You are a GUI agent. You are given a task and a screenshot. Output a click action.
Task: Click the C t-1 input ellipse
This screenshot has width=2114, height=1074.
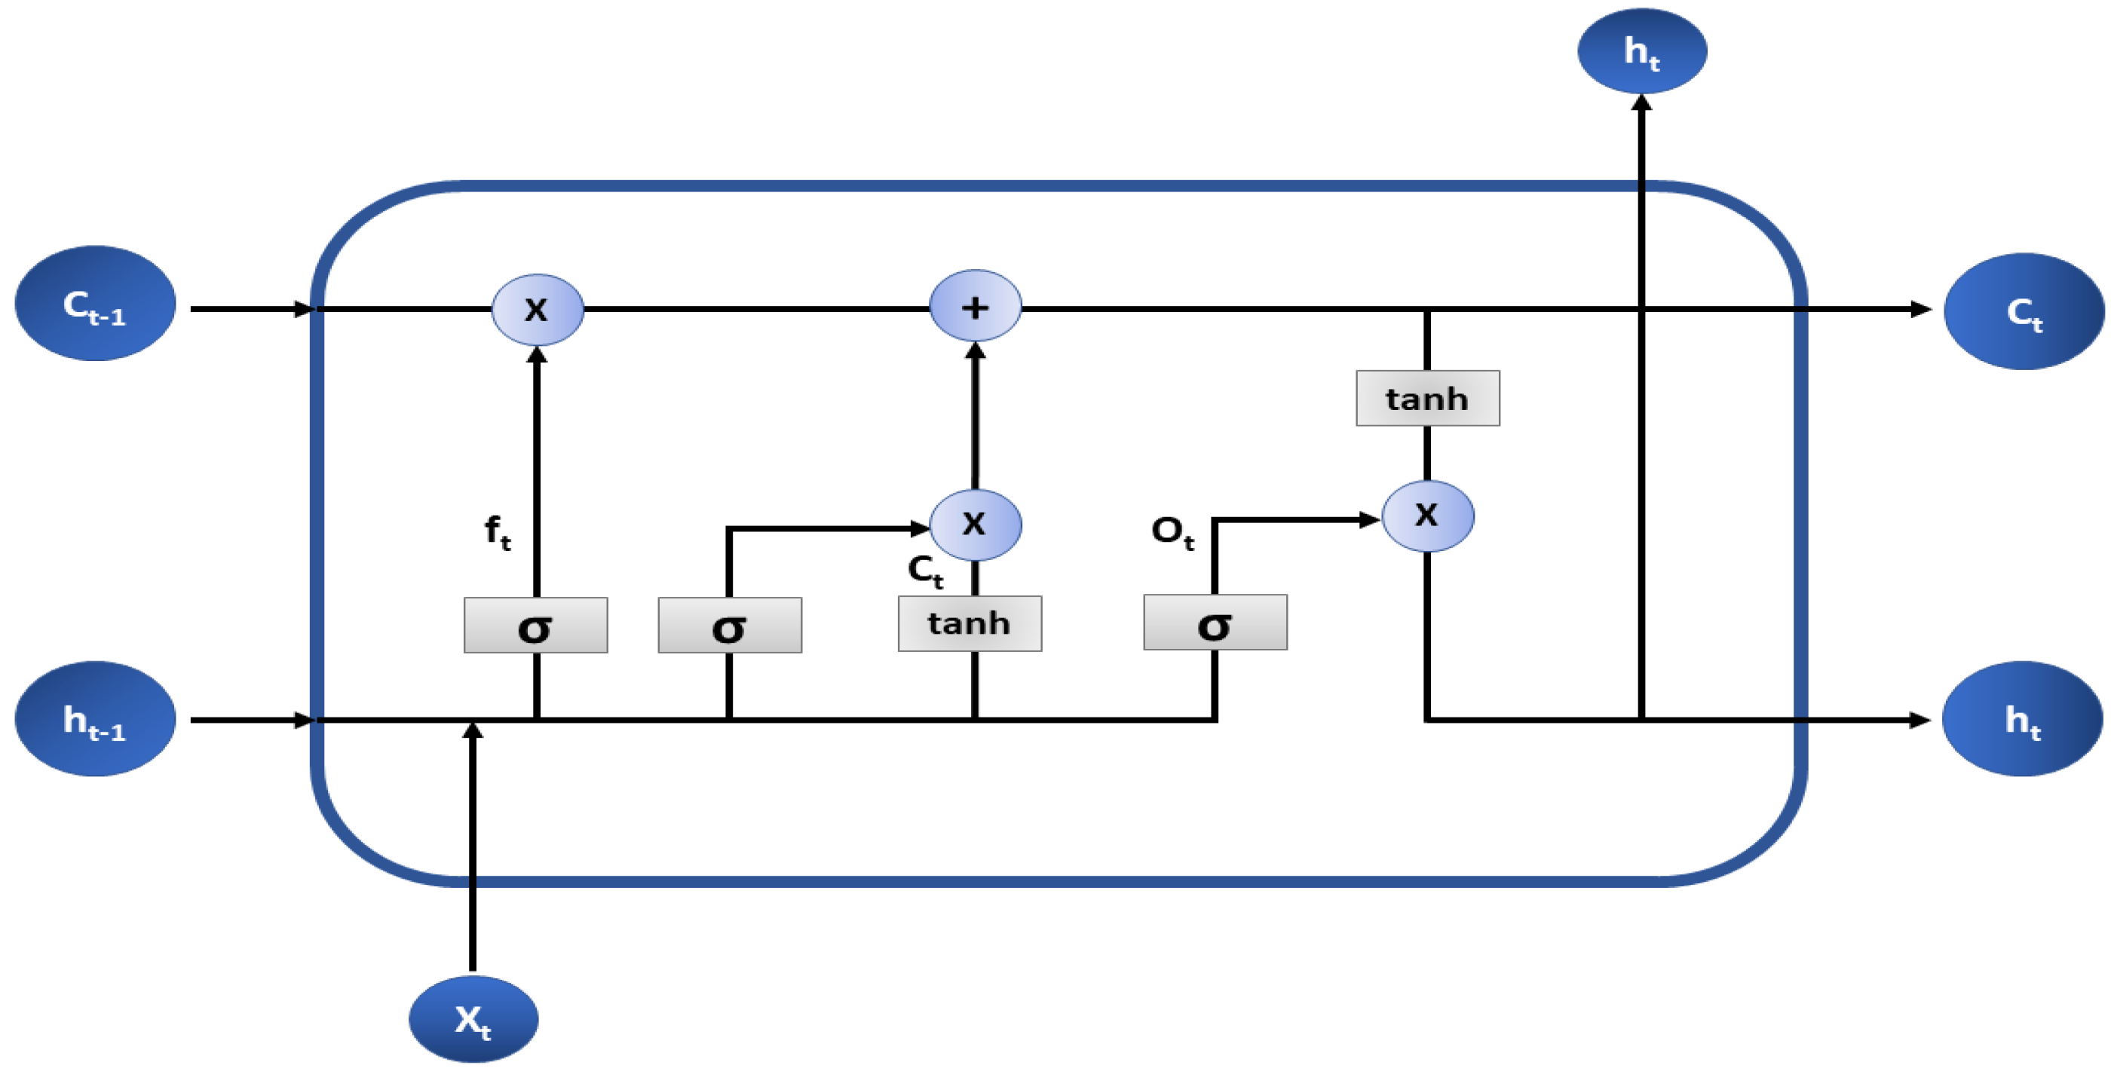pos(95,304)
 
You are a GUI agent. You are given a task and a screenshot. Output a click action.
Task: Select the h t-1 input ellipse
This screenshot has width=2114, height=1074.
pos(95,720)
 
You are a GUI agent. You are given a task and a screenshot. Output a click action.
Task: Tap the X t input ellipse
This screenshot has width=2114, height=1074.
pos(473,1019)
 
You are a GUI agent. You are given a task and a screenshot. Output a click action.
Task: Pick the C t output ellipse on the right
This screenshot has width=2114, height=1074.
pos(2024,312)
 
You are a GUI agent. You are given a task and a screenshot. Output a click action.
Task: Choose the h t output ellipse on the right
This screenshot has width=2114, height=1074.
pos(2023,720)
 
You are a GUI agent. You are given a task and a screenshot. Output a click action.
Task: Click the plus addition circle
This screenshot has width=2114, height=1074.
pos(975,306)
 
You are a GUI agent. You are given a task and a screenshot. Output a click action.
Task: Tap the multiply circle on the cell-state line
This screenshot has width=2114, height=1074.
pos(538,309)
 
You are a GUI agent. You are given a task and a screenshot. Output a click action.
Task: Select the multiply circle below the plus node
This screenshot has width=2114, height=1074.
pos(975,525)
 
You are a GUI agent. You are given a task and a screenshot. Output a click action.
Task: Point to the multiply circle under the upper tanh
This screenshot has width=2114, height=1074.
pos(1428,516)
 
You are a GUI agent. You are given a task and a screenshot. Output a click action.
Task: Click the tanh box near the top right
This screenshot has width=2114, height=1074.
pos(1427,399)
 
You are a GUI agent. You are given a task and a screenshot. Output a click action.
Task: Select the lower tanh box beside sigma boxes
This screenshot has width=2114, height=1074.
pos(970,623)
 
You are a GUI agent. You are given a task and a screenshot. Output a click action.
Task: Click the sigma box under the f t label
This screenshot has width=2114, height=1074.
pos(536,626)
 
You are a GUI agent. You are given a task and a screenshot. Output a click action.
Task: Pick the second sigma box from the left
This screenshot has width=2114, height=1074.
pos(730,626)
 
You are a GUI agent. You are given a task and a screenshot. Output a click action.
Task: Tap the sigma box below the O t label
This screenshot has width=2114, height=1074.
pos(1215,623)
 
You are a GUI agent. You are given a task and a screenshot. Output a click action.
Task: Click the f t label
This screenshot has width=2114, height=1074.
pos(498,531)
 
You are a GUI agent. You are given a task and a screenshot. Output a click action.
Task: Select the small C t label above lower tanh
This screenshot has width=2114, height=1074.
pos(925,571)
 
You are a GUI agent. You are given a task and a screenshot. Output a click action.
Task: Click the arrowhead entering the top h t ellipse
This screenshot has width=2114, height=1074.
pos(1642,103)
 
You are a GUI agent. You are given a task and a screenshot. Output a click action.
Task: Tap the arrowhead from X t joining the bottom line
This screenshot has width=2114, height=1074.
pos(473,730)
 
